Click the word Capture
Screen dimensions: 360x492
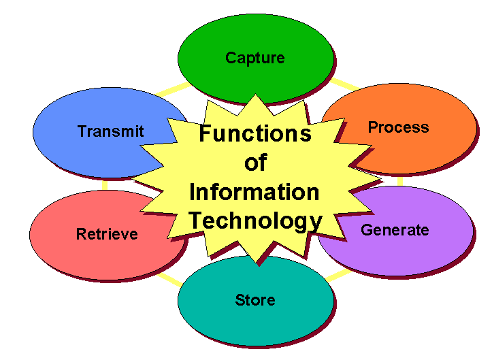tap(255, 58)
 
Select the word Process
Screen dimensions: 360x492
tap(398, 127)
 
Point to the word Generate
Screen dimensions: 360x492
tap(395, 230)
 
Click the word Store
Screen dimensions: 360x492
tap(255, 300)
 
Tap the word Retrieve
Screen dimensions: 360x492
tap(107, 235)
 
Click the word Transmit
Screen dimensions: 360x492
tap(111, 131)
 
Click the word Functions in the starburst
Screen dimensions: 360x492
tap(255, 133)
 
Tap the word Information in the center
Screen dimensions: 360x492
tap(255, 192)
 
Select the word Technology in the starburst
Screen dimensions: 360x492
tap(255, 220)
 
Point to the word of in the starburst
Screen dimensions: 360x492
tap(255, 163)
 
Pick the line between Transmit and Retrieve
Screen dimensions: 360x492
tap(105, 184)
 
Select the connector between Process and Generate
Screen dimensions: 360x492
tap(399, 182)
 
